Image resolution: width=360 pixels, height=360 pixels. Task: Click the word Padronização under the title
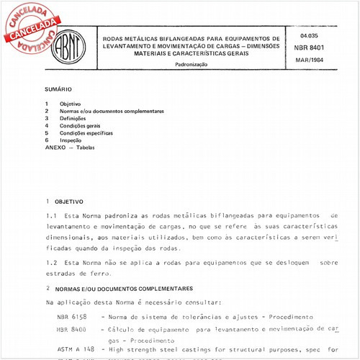191,64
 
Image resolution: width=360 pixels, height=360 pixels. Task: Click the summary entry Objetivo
70,104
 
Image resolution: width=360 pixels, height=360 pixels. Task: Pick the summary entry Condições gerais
80,126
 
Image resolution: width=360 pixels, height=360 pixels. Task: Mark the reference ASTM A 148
71,348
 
